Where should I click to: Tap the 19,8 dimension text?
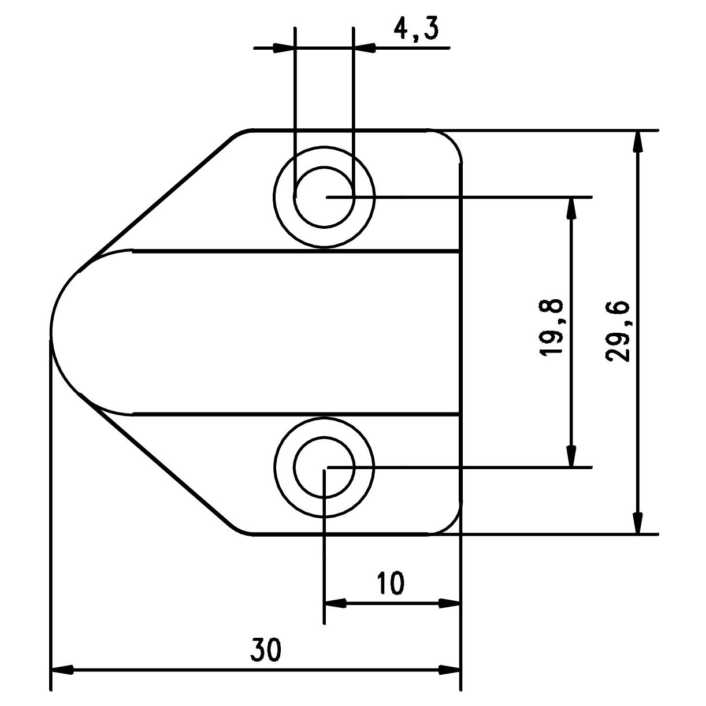[551, 328]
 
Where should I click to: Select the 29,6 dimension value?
[618, 332]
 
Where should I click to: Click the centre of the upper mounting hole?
[324, 197]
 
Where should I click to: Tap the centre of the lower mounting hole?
[324, 467]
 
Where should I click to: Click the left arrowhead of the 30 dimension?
[62, 681]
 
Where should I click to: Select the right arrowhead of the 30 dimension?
[449, 681]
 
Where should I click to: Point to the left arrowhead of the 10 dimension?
[335, 604]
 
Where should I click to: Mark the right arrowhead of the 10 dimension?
[449, 604]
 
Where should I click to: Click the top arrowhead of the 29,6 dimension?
[638, 141]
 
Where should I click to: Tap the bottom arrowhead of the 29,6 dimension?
[638, 523]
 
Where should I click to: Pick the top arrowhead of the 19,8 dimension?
[571, 208]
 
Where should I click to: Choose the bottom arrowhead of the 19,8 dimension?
[571, 456]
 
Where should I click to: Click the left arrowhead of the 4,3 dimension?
[284, 48]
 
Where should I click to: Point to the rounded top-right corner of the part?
[451, 139]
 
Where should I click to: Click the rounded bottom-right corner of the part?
[451, 525]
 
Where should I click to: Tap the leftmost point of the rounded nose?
[51, 333]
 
